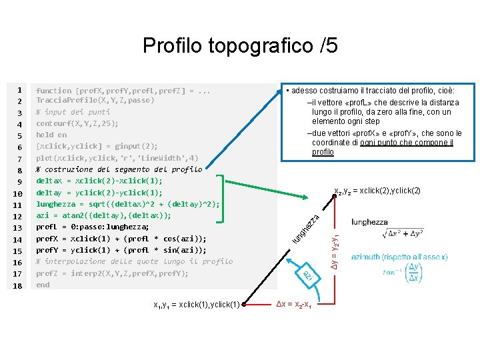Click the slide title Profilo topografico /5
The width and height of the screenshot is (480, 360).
click(240, 45)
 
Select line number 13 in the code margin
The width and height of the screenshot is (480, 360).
click(19, 227)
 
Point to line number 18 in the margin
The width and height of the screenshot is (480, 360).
click(19, 285)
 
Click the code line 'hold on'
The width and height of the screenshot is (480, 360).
click(51, 135)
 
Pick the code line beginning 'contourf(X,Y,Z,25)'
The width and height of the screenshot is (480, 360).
click(77, 123)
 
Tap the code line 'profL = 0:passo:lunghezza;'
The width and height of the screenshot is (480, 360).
click(92, 227)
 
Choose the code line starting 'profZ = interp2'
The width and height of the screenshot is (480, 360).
click(112, 273)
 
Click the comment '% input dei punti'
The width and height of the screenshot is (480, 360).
click(73, 112)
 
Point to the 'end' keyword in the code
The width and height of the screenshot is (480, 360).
click(43, 285)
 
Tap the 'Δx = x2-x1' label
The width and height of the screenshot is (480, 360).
click(296, 305)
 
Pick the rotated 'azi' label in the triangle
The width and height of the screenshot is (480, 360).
click(307, 275)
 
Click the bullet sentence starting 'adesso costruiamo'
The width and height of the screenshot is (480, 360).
click(370, 90)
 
